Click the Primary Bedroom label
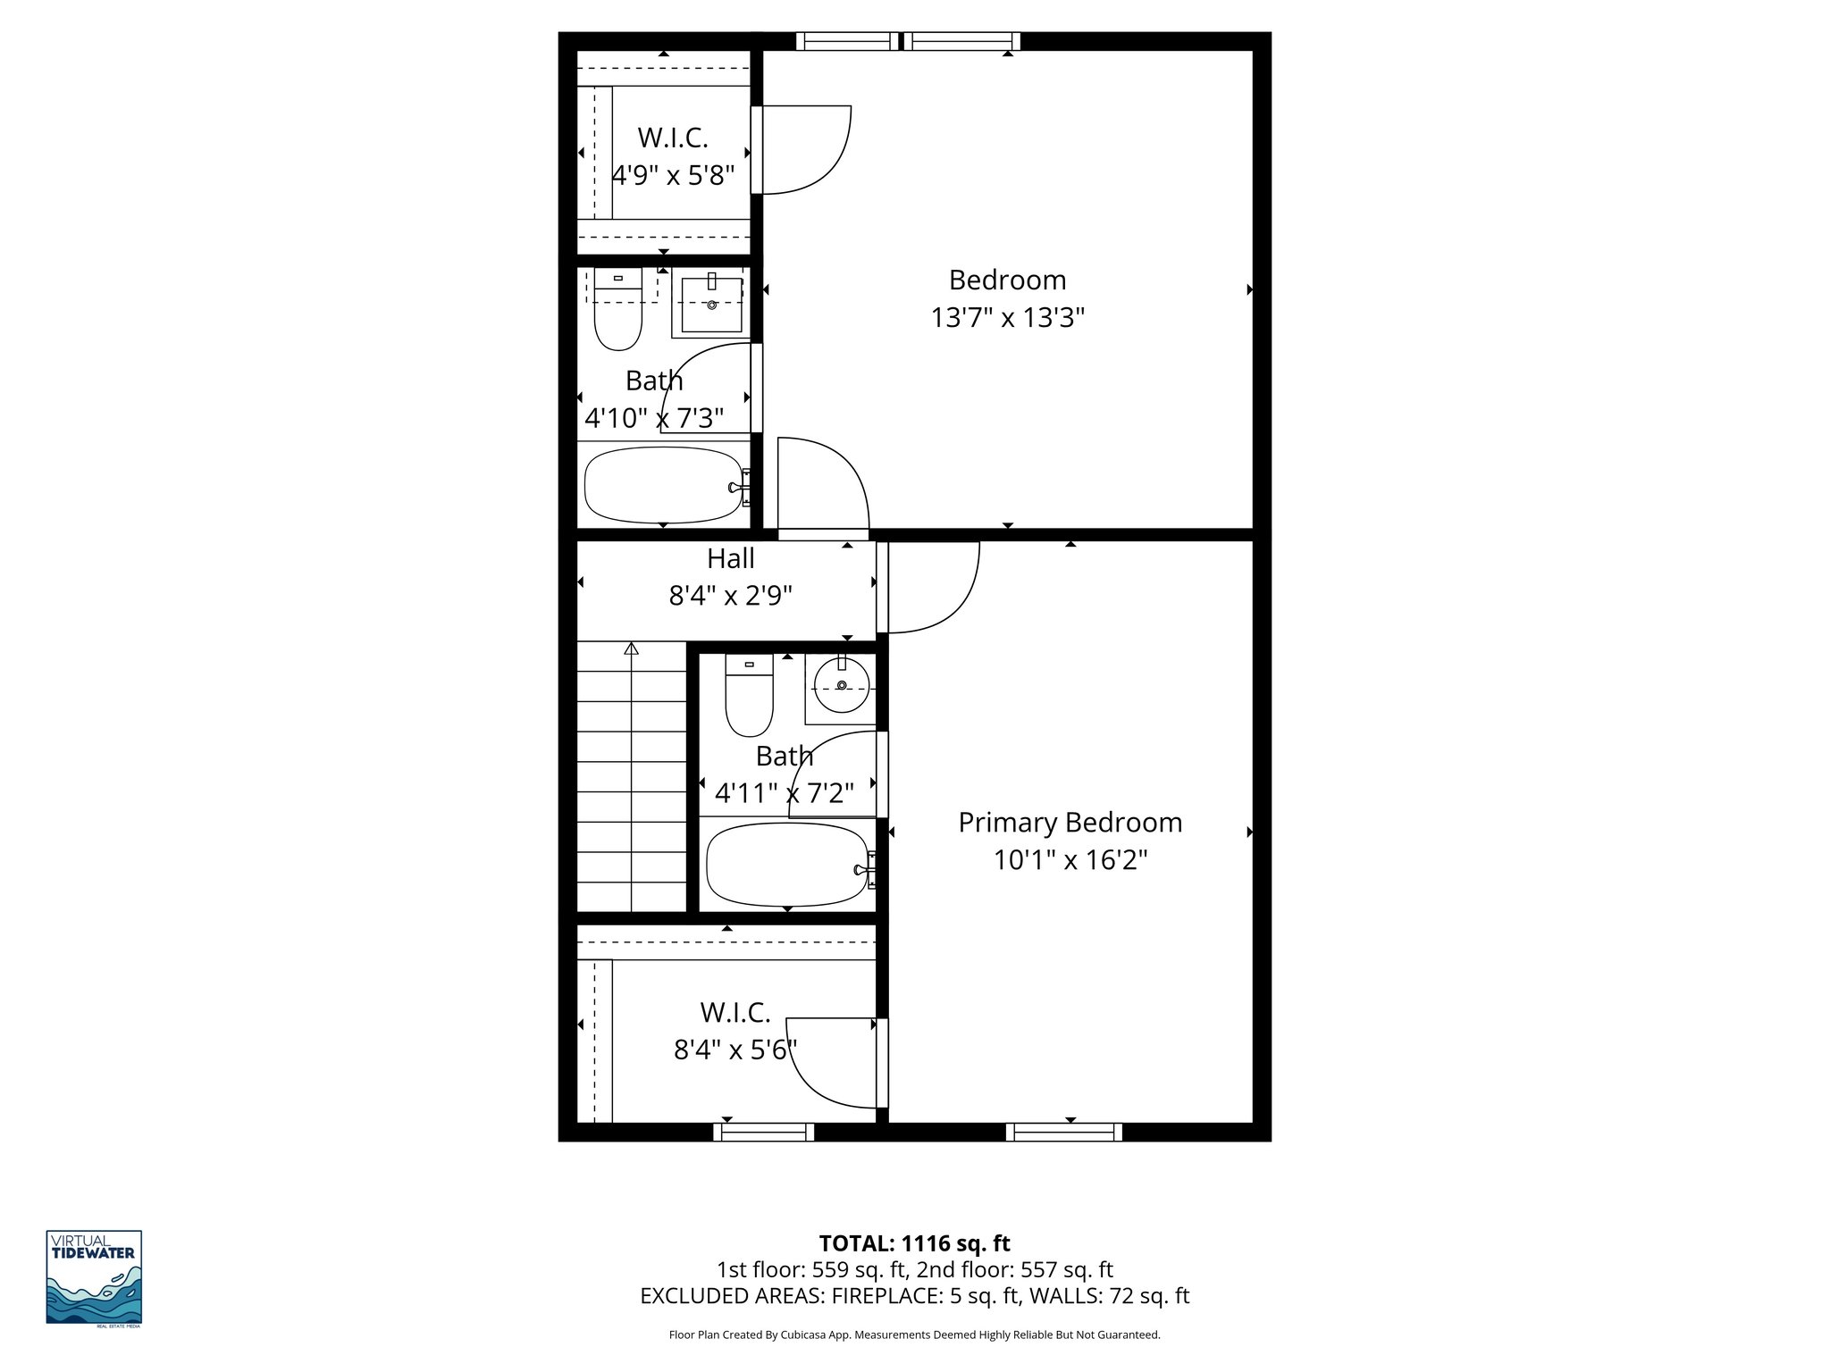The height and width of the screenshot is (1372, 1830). point(1070,823)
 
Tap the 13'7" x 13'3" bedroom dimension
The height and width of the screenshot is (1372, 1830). point(1007,318)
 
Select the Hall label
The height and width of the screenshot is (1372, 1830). point(730,559)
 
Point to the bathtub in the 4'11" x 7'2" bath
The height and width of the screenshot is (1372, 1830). point(787,864)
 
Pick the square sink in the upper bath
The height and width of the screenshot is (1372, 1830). point(711,305)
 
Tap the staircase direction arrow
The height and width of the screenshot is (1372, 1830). point(632,649)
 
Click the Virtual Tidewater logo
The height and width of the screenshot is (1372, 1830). point(94,1277)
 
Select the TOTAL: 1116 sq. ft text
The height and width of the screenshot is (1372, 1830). point(914,1243)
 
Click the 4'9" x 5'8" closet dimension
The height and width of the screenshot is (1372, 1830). point(673,175)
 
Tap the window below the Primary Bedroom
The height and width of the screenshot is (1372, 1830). point(1063,1132)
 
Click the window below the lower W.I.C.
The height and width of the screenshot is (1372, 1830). point(764,1132)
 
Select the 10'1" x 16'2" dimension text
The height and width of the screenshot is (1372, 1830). point(1070,860)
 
